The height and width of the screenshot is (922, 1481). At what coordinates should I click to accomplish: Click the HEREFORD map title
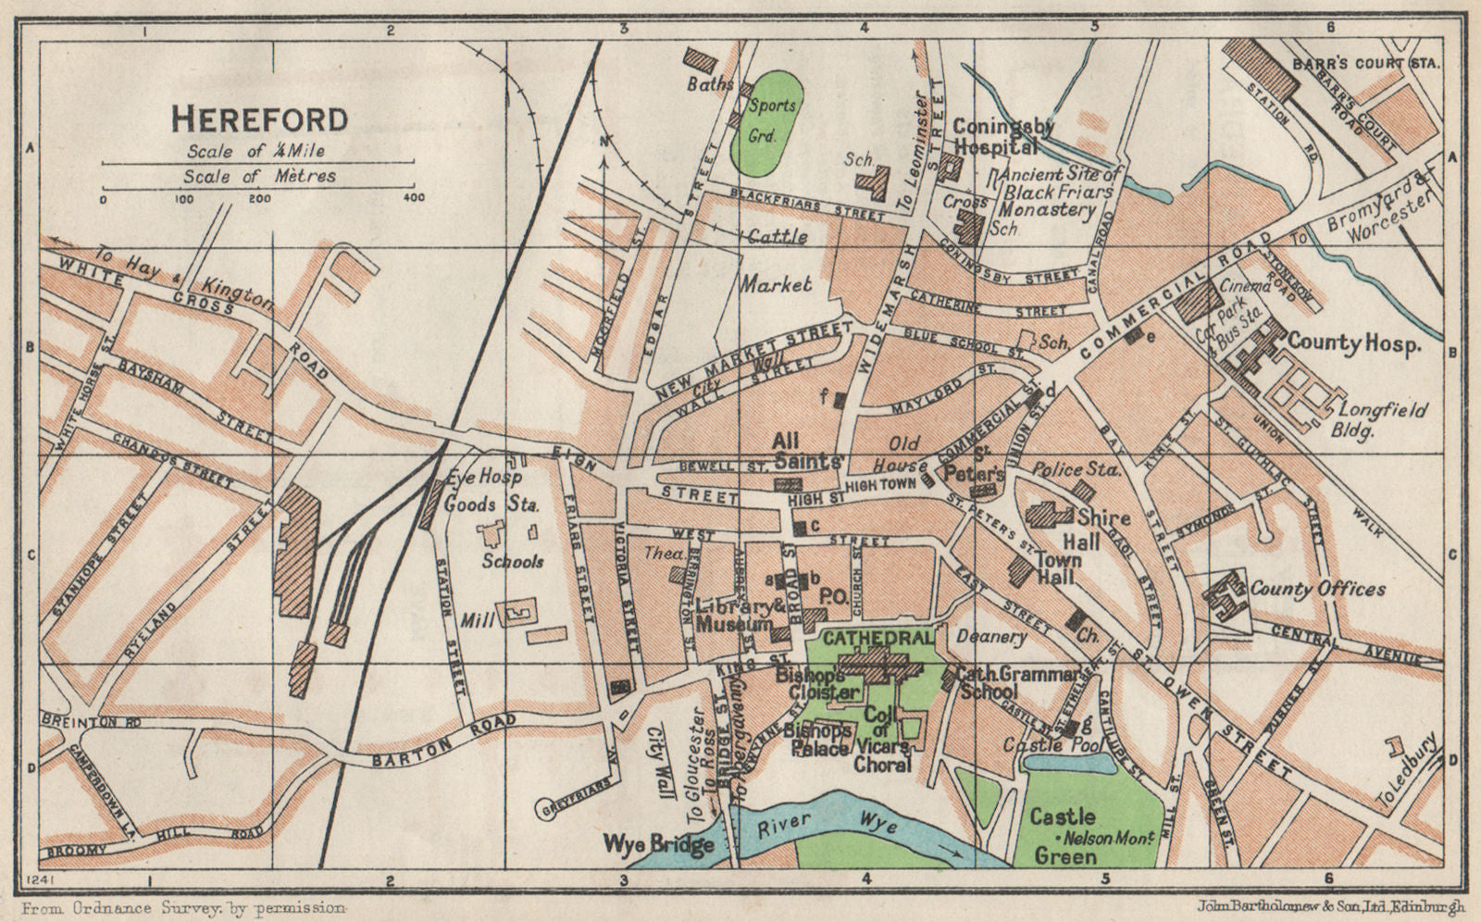tap(260, 118)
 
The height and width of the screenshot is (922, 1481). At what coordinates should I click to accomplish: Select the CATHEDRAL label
tap(875, 638)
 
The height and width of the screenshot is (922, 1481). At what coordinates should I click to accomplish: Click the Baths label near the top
tap(710, 84)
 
